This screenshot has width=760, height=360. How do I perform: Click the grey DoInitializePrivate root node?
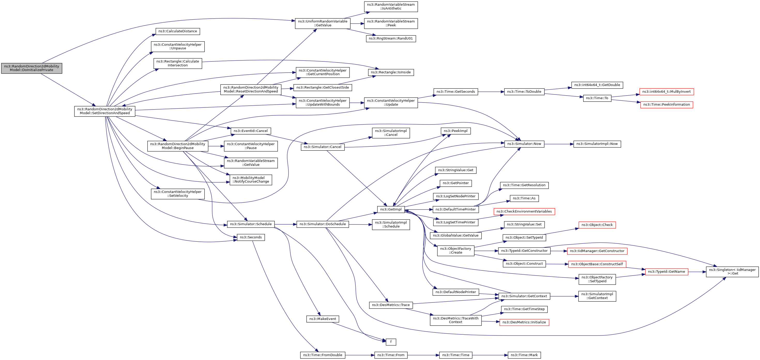[x=32, y=68]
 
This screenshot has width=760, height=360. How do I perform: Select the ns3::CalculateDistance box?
[x=178, y=31]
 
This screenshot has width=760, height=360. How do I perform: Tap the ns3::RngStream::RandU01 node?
[x=391, y=39]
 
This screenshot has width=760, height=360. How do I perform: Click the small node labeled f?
[x=391, y=342]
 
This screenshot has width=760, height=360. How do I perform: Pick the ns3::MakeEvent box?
[x=323, y=319]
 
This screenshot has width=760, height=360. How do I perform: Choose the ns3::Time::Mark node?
[x=524, y=355]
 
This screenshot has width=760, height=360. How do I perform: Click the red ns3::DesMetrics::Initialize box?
[x=524, y=322]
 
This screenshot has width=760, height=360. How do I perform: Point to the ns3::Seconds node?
[x=251, y=237]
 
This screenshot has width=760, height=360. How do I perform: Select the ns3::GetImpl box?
[x=391, y=209]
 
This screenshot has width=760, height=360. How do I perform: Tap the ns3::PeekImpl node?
[x=455, y=131]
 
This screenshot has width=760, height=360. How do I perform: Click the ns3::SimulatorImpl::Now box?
[x=597, y=144]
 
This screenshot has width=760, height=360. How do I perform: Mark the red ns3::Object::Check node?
[x=597, y=225]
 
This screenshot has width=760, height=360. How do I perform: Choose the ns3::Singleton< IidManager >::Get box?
[x=732, y=271]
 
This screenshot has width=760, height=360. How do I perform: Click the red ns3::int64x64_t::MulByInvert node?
[x=666, y=92]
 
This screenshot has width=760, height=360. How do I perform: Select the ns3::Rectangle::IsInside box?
[x=391, y=72]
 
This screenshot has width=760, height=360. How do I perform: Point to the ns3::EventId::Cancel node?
[x=251, y=131]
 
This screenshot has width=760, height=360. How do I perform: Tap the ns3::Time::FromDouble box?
[x=323, y=355]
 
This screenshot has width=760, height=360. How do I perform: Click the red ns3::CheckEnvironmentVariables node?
[x=524, y=212]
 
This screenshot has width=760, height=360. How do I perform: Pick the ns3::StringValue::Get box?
[x=455, y=170]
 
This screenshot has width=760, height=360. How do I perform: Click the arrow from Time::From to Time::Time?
[x=423, y=355]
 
